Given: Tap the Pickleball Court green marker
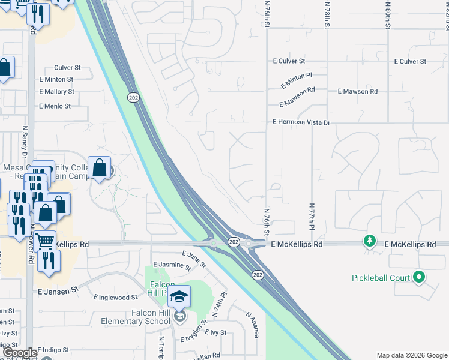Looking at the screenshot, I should click(420, 277).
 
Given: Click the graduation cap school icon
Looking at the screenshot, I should click(179, 296).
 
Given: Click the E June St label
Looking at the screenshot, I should click(194, 259).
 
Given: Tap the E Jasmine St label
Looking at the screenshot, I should click(172, 265).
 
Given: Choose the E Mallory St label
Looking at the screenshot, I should click(56, 92).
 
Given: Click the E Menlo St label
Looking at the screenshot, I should click(55, 106).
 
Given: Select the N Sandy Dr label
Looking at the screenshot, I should click(25, 140).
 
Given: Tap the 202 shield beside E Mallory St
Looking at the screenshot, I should click(133, 96).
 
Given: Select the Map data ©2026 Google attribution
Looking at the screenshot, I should click(411, 355).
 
